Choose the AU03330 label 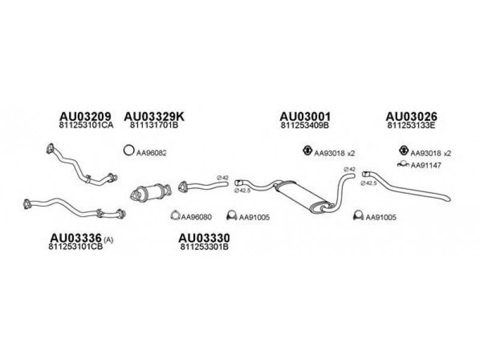pyautogui.click(x=205, y=238)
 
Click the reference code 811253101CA pyautogui.click(x=86, y=126)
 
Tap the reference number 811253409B pyautogui.click(x=305, y=126)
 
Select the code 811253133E pyautogui.click(x=411, y=126)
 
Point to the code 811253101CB pyautogui.click(x=72, y=247)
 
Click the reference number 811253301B pyautogui.click(x=204, y=247)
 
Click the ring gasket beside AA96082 pyautogui.click(x=128, y=151)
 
